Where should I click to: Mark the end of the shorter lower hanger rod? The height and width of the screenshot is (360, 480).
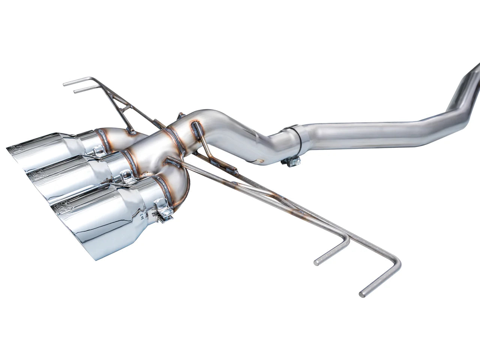pyautogui.click(x=317, y=262)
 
